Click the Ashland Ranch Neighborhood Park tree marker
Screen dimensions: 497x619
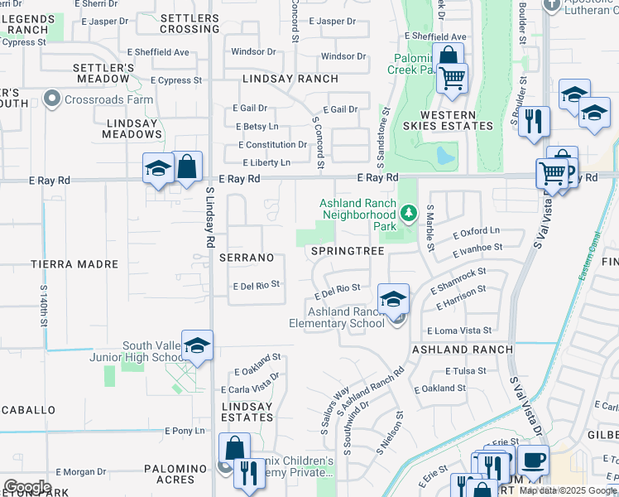[407, 214]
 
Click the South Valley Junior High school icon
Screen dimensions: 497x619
[198, 345]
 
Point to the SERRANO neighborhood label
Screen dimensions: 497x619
[247, 258]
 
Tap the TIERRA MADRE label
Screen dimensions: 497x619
[74, 264]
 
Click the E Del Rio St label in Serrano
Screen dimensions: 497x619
[256, 286]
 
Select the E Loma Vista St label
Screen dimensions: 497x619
[459, 331]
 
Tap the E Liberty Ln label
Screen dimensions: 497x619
[266, 163]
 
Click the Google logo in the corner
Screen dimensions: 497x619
[26, 487]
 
